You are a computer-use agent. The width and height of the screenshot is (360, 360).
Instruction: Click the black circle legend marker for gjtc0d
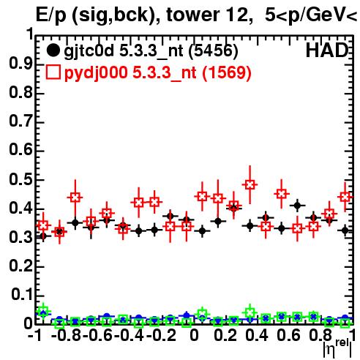pyautogui.click(x=53, y=51)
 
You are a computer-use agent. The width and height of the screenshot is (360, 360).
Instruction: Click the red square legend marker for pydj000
pyautogui.click(x=53, y=72)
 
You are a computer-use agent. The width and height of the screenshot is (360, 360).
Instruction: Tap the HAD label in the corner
pyautogui.click(x=327, y=51)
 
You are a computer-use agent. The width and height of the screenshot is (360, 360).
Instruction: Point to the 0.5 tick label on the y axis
pyautogui.click(x=20, y=180)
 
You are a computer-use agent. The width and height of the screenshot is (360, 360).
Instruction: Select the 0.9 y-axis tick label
pyautogui.click(x=20, y=64)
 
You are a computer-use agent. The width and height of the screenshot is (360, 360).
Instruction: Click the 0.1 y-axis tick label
pyautogui.click(x=22, y=295)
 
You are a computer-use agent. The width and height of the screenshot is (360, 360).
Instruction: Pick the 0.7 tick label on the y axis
pyautogui.click(x=20, y=122)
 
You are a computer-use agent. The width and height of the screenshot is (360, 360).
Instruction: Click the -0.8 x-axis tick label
pyautogui.click(x=67, y=336)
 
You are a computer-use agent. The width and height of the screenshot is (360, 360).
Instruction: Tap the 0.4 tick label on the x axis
pyautogui.click(x=257, y=336)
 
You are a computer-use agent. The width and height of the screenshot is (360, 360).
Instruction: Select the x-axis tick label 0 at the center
pyautogui.click(x=194, y=336)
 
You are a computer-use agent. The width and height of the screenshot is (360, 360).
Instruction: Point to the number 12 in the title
pyautogui.click(x=235, y=15)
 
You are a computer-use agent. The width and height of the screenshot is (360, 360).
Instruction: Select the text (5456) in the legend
pyautogui.click(x=213, y=51)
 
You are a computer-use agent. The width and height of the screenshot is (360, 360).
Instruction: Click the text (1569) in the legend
pyautogui.click(x=227, y=73)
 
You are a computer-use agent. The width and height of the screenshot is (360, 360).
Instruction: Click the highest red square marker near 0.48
pyautogui.click(x=250, y=184)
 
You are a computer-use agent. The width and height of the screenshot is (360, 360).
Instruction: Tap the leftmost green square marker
pyautogui.click(x=43, y=311)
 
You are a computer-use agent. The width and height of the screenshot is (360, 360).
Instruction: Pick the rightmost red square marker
pyautogui.click(x=345, y=197)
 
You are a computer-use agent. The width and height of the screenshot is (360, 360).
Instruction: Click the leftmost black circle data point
pyautogui.click(x=43, y=236)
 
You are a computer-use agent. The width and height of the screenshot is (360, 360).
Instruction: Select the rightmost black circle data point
pyautogui.click(x=345, y=230)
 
